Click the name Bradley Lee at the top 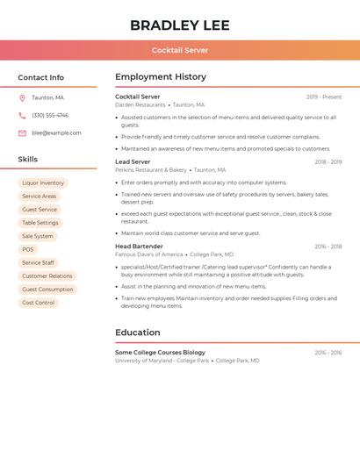coord(179,25)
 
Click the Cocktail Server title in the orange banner coord(179,50)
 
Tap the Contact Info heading coord(40,77)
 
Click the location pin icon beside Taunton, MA coord(22,98)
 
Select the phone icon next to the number coord(22,116)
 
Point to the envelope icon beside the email coord(22,133)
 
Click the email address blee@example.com coord(56,133)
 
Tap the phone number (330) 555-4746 coord(50,116)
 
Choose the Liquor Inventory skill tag coord(43,183)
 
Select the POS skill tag coord(28,249)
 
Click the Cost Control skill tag coord(38,303)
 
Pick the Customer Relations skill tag coord(47,276)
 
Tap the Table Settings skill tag coord(40,223)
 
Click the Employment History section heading coord(161,77)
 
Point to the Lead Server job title coord(133,162)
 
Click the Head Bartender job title coord(139,247)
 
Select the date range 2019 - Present coord(324,97)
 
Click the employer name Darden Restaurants coord(140,104)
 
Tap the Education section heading coord(138,333)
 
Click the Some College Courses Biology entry coord(160,353)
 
